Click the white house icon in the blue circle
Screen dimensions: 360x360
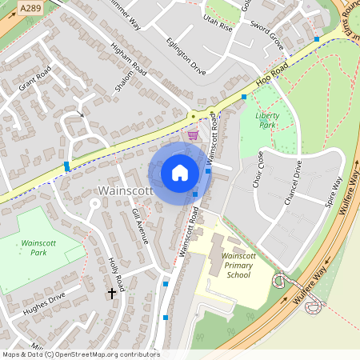coord(180,172)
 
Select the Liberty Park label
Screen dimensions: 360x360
coord(266,120)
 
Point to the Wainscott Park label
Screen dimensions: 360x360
coord(45,247)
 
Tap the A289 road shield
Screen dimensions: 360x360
coord(30,8)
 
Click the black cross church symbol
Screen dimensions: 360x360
coord(111,294)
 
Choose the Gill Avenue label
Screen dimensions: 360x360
coord(140,226)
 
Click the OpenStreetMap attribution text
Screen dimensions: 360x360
coord(80,354)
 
